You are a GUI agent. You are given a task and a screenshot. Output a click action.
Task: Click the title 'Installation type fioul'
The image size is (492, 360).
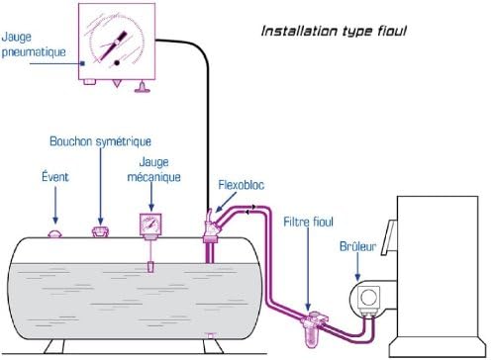click(334, 31)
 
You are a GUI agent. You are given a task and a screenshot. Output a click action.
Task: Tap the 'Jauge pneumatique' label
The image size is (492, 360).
click(34, 45)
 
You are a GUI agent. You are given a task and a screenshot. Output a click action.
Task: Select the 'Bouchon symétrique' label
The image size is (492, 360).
click(100, 141)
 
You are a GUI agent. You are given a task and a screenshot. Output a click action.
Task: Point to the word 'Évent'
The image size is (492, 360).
click(55, 176)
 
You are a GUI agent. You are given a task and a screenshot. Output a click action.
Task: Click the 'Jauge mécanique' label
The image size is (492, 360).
click(154, 169)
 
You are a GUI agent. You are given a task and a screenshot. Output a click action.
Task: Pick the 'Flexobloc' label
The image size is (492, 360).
click(242, 185)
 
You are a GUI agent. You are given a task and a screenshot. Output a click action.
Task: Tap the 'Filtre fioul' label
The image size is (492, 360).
click(308, 222)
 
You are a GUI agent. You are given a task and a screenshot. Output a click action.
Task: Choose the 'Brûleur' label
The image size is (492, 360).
click(357, 246)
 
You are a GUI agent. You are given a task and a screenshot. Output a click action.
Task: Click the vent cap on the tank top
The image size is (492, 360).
click(55, 233)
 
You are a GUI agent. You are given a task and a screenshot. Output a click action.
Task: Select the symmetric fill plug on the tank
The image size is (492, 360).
click(100, 231)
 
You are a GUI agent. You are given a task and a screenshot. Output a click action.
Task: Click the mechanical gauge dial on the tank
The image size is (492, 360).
click(150, 225)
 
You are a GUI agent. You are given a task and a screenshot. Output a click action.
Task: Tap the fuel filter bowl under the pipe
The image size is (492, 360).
click(311, 335)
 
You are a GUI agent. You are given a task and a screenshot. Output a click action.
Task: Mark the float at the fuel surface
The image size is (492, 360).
click(150, 267)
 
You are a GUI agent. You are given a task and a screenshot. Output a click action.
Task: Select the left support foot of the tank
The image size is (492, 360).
click(54, 346)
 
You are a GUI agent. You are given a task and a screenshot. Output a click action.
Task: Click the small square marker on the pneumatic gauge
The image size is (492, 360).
click(83, 63)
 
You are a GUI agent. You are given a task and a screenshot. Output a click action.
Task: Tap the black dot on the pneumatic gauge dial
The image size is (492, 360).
click(117, 62)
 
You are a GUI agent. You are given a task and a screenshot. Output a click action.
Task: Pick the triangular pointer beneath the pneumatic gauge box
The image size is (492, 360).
click(116, 83)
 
